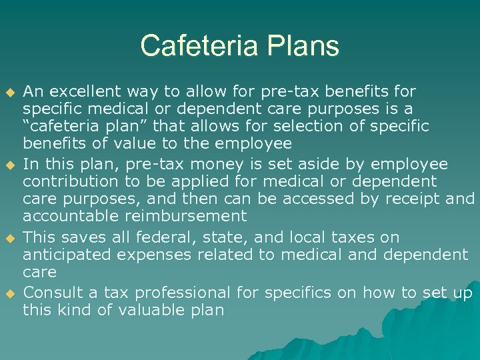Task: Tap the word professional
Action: tap(180, 293)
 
